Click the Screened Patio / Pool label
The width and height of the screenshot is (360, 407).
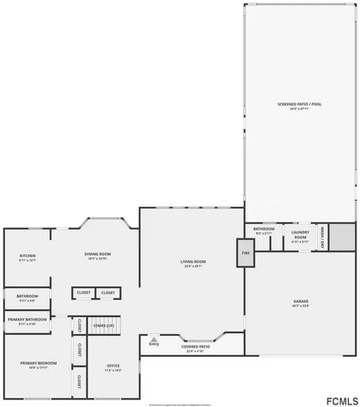(x=299, y=105)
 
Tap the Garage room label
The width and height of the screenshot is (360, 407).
(x=300, y=302)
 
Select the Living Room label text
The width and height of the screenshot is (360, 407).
(x=193, y=263)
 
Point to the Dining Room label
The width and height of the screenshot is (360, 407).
(x=97, y=254)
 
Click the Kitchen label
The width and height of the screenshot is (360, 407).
(x=27, y=256)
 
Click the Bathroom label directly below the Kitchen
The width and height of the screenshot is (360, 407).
(x=21, y=297)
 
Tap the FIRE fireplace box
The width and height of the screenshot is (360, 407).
(x=245, y=253)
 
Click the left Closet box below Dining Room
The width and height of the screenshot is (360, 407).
(x=83, y=293)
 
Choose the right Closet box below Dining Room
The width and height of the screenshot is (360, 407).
(x=108, y=293)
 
